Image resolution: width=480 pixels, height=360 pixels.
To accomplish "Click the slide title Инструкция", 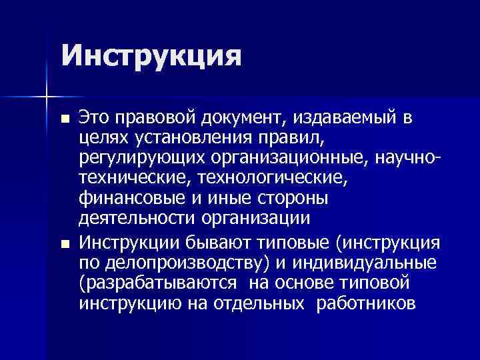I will click(150, 55).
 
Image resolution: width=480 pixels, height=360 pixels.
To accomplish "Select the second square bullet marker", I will click(64, 243).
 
